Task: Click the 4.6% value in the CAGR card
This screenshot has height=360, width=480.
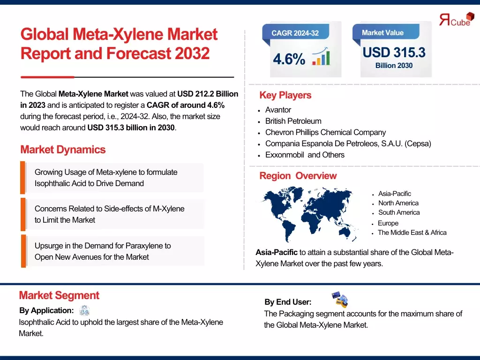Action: [289, 60]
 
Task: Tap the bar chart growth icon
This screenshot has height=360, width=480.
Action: [321, 56]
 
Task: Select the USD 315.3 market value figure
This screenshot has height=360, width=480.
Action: [394, 52]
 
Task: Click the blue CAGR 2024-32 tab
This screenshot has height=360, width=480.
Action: [295, 33]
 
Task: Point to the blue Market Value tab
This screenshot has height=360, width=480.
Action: [382, 32]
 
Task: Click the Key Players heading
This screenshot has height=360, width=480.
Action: [285, 95]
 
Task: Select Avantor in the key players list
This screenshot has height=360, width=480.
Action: [278, 110]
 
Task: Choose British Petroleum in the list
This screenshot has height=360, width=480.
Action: [293, 121]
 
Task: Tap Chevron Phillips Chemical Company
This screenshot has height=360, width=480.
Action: [325, 132]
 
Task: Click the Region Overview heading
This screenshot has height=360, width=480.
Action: [298, 176]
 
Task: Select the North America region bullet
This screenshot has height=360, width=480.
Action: [398, 203]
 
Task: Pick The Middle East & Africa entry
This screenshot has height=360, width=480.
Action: [412, 232]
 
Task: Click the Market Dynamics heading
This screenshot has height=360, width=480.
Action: [63, 150]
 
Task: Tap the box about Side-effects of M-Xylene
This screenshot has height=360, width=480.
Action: [112, 214]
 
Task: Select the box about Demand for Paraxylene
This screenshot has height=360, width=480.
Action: [112, 251]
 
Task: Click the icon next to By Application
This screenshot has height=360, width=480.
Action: [84, 310]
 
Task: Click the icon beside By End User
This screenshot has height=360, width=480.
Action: [340, 299]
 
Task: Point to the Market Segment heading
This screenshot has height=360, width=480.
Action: [59, 295]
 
